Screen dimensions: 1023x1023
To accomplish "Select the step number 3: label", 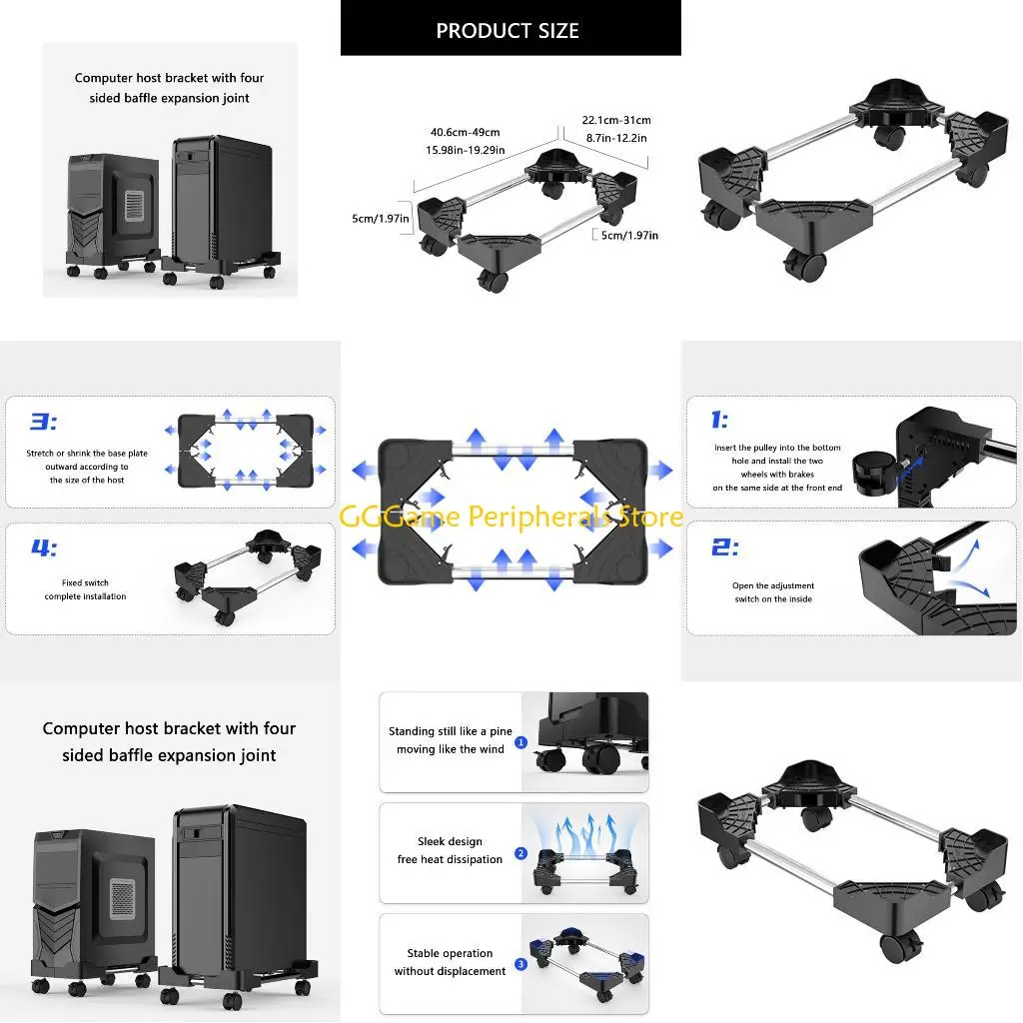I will [43, 422].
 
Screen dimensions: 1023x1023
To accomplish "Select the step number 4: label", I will [43, 548].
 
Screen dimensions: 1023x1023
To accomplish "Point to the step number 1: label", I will [719, 421].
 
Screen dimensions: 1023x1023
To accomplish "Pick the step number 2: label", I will [724, 547].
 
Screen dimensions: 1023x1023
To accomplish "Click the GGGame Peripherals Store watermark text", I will [511, 516].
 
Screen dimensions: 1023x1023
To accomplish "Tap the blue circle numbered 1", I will [520, 742].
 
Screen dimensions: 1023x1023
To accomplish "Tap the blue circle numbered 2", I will [520, 853].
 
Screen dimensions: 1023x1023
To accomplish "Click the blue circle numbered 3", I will [520, 965].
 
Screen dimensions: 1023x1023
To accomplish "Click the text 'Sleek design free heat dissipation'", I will [450, 851].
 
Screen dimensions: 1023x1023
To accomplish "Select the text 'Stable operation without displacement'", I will [450, 962].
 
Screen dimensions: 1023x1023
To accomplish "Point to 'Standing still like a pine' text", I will [450, 731].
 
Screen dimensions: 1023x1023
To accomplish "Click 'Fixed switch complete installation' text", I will [85, 589].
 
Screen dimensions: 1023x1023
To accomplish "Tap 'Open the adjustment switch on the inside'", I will [772, 592].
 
